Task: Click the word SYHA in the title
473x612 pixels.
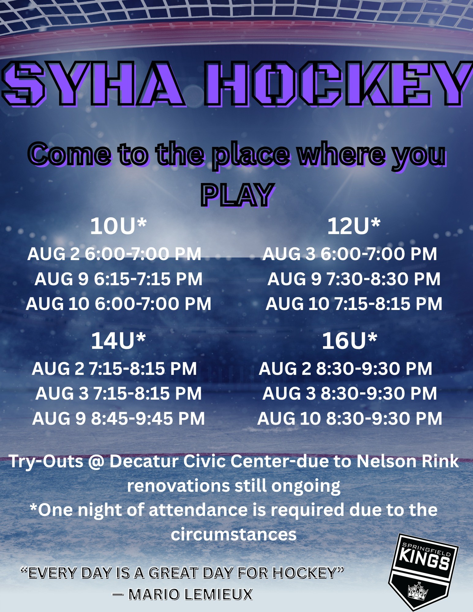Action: pos(93,83)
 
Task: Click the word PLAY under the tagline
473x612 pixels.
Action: pos(237,195)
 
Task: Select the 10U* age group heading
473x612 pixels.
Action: pos(118,226)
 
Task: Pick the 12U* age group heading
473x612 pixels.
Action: pos(354,226)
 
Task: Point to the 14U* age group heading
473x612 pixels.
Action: pos(118,341)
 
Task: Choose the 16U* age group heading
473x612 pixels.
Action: pos(349,341)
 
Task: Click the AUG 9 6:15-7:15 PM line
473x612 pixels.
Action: pos(118,279)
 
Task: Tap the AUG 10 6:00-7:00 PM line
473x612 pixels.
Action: pos(118,304)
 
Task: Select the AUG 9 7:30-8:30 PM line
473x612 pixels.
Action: pos(354,279)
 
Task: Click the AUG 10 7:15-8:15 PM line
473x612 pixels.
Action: pos(354,304)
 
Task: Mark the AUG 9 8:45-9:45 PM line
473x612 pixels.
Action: pos(118,418)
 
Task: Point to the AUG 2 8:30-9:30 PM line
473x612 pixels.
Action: pos(345,368)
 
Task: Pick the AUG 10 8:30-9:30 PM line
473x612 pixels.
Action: pos(350,418)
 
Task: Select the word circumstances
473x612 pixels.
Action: pos(234,534)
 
